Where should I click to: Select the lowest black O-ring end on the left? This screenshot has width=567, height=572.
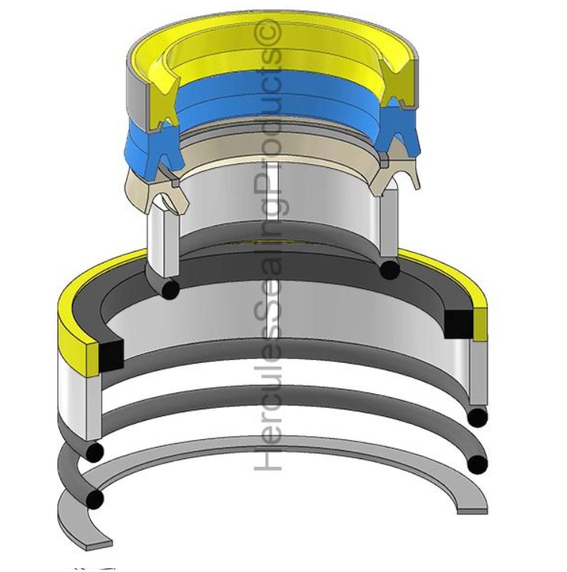tap(95, 500)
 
